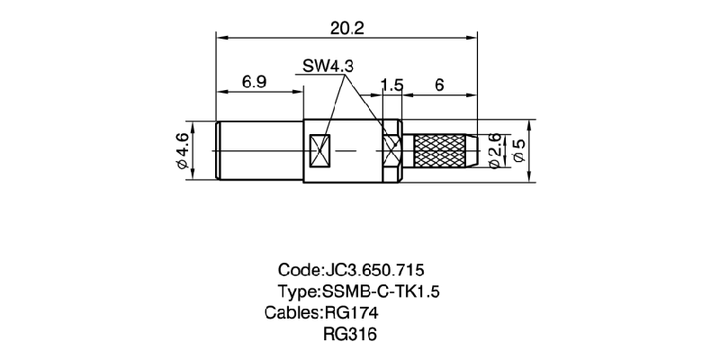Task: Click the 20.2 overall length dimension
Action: point(346,28)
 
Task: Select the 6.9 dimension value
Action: point(254,82)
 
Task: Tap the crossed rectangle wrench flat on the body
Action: point(320,150)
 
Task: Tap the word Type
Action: point(297,292)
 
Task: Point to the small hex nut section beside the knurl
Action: point(391,149)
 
